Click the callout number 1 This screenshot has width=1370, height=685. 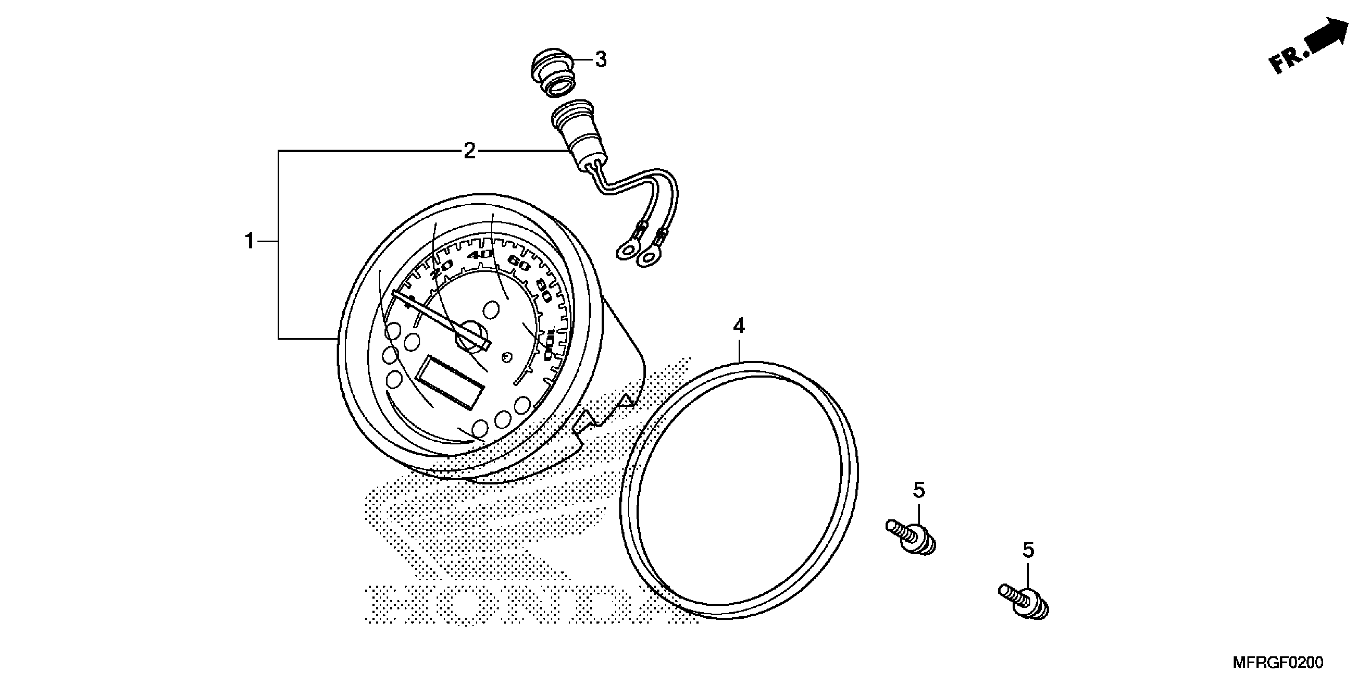(249, 241)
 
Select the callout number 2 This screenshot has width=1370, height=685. (469, 152)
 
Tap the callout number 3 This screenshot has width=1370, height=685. (600, 60)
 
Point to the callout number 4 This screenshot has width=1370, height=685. (739, 326)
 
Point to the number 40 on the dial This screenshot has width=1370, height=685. (480, 254)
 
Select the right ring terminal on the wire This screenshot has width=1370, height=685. (648, 257)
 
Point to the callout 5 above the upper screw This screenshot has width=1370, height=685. (919, 490)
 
